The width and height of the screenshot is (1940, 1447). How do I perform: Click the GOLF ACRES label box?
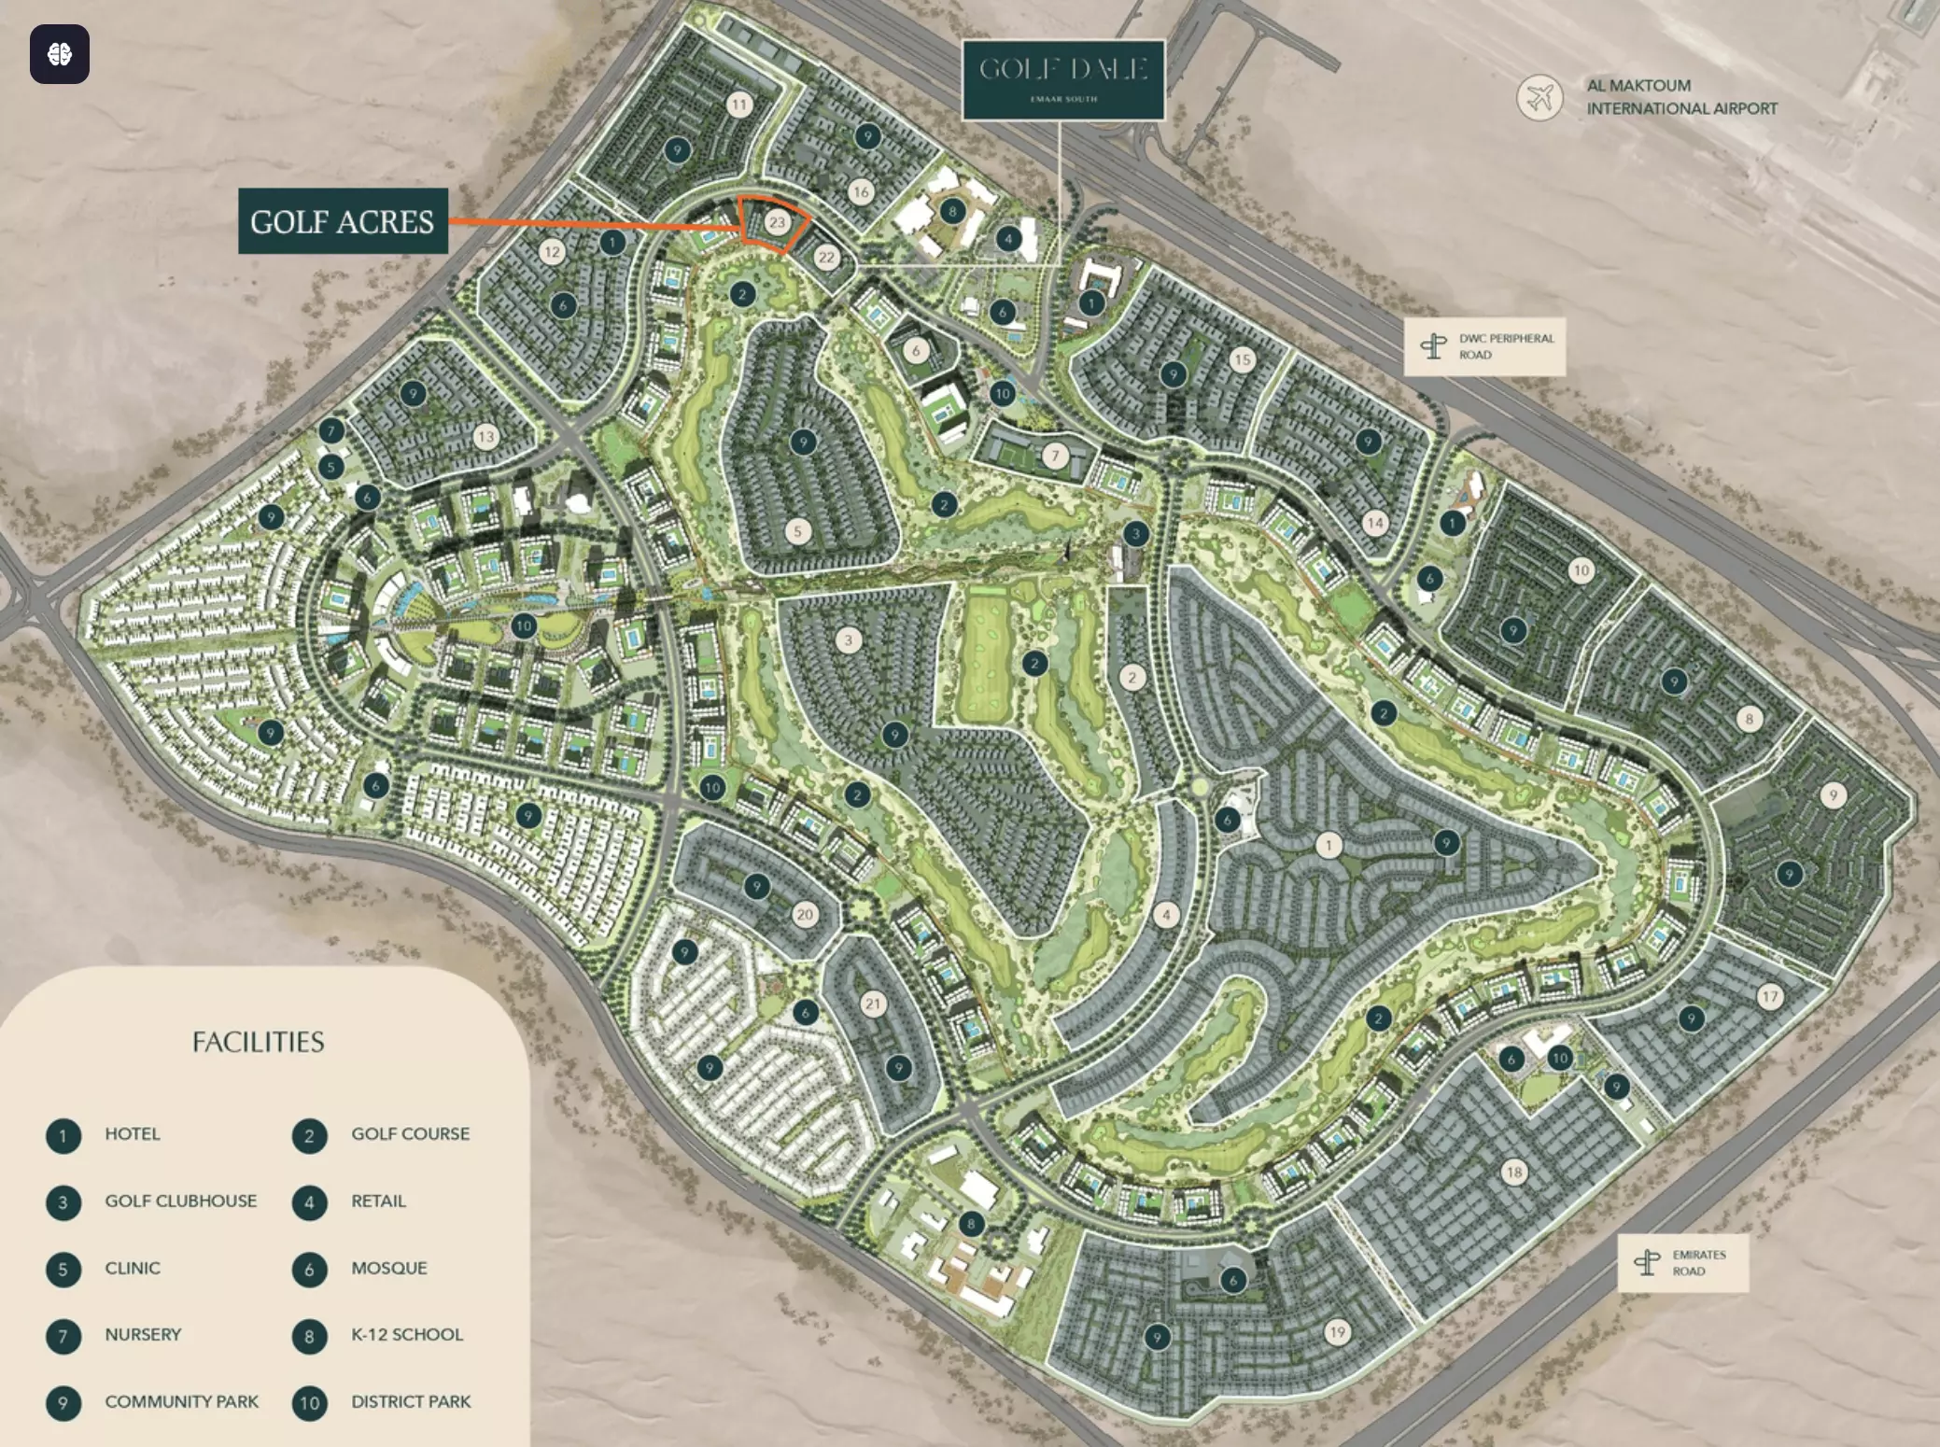[x=343, y=221]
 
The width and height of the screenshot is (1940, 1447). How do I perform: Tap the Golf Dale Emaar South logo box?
[x=1063, y=79]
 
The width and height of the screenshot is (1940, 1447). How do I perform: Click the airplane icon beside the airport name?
[x=1539, y=97]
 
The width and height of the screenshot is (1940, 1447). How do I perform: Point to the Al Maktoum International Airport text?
[x=1681, y=97]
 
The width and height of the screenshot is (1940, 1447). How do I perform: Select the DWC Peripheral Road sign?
[x=1484, y=346]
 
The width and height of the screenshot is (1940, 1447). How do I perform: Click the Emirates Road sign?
[x=1682, y=1263]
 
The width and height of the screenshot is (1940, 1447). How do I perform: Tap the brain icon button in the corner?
[x=60, y=54]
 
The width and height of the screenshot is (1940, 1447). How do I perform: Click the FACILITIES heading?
[x=259, y=1042]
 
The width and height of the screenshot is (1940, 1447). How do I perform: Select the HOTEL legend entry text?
[x=133, y=1134]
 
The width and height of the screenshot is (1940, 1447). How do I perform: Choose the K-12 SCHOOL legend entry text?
[x=407, y=1335]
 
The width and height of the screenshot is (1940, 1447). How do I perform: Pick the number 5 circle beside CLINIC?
[x=63, y=1270]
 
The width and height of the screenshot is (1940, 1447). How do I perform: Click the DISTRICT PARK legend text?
[x=411, y=1402]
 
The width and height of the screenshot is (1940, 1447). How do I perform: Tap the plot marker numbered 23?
[x=777, y=222]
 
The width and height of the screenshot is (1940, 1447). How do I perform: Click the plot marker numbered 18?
[x=1514, y=1172]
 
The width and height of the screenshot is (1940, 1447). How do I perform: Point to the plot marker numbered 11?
[x=739, y=105]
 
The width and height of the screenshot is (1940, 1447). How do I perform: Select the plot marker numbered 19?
[x=1337, y=1332]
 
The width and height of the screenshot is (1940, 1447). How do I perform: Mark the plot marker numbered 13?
[x=485, y=436]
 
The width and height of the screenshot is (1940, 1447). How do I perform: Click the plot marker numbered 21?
[x=873, y=1004]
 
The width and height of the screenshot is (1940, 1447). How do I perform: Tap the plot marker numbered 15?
[x=1242, y=359]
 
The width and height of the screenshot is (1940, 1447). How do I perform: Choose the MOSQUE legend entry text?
[x=389, y=1269]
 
